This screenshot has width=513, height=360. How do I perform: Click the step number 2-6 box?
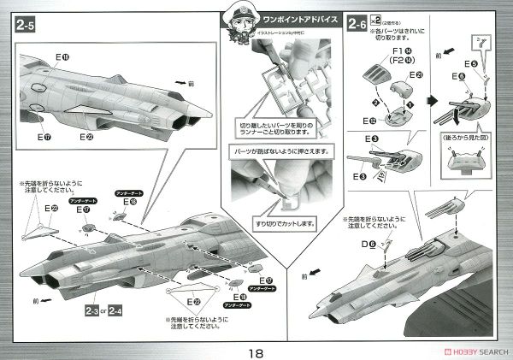pyautogui.click(x=358, y=26)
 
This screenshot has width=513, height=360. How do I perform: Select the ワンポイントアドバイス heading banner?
pyautogui.click(x=304, y=17)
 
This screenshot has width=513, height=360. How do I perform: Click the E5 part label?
pyautogui.click(x=471, y=63)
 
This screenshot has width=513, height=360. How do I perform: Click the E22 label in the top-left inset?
pyautogui.click(x=88, y=135)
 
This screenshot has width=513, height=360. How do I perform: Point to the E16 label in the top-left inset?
pyautogui.click(x=62, y=57)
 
